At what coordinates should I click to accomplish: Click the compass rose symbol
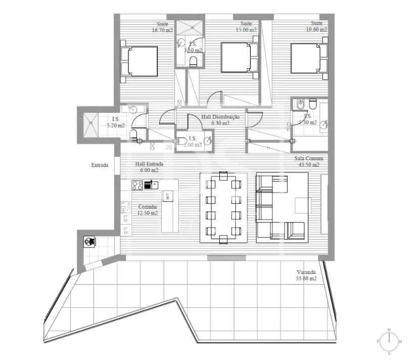pos(389,341)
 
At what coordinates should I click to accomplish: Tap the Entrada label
pos(100,165)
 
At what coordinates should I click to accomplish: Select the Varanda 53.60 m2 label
pos(306,275)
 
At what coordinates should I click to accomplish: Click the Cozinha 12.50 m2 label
pos(148,210)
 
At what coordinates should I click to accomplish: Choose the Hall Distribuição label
pos(220,119)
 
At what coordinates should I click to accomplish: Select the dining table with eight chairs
pos(223,208)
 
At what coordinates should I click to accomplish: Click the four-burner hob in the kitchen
pos(138,185)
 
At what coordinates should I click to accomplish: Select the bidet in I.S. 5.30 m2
pos(299,105)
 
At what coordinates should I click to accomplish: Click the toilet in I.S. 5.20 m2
pos(134,134)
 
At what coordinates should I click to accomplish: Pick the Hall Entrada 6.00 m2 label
pos(149,167)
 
